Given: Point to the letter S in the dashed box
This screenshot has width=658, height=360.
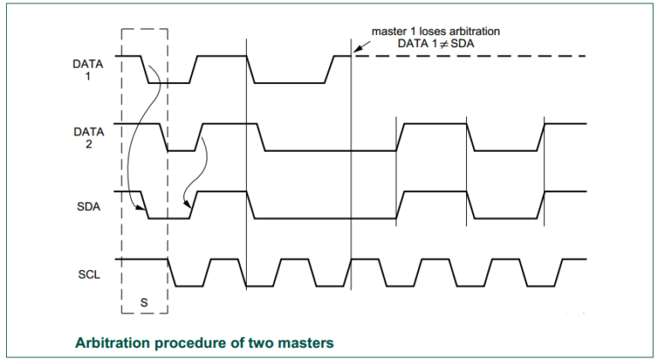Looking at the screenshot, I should [144, 302].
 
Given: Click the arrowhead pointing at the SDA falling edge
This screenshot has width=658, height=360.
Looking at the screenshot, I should [140, 207].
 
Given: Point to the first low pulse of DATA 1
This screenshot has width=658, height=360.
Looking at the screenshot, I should [154, 82].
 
